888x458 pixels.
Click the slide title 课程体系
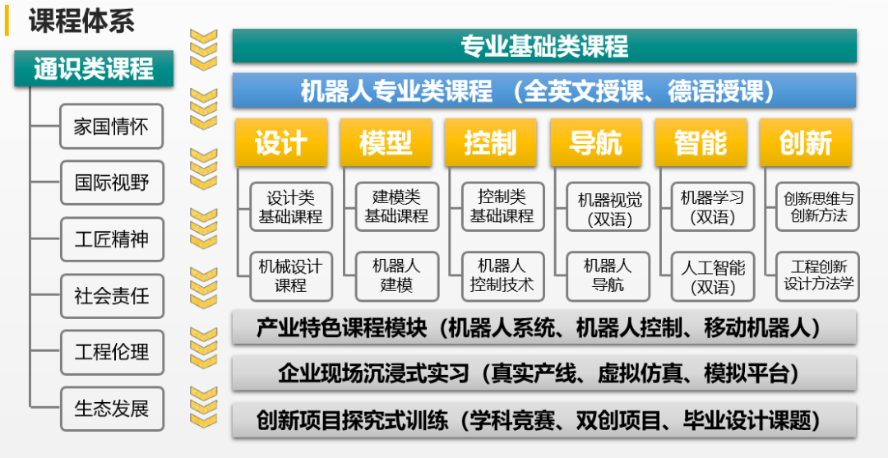(x=81, y=21)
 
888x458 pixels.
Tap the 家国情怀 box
(x=112, y=127)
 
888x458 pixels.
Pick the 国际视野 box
(x=112, y=183)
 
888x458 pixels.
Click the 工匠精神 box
(x=112, y=239)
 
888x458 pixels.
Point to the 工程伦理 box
(x=112, y=352)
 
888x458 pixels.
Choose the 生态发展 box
(x=112, y=408)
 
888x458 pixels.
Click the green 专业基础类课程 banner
(x=544, y=46)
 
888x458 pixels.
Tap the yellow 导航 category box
(x=595, y=142)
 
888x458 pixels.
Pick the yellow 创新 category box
(x=806, y=142)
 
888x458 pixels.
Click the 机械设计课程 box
(x=291, y=276)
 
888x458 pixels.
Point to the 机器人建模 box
(x=396, y=276)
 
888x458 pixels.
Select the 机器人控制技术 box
(x=502, y=276)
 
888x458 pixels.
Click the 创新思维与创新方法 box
(x=818, y=207)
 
